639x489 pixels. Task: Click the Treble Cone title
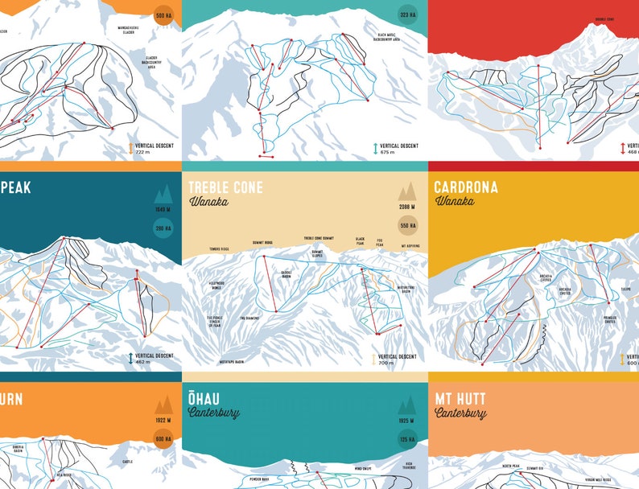coord(225,187)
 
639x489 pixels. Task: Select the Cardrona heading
coord(465,187)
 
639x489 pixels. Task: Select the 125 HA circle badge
coord(406,439)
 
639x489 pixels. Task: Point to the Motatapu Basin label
coord(232,362)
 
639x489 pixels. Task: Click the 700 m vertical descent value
coord(385,364)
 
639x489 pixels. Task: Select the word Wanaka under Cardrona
coord(454,201)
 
